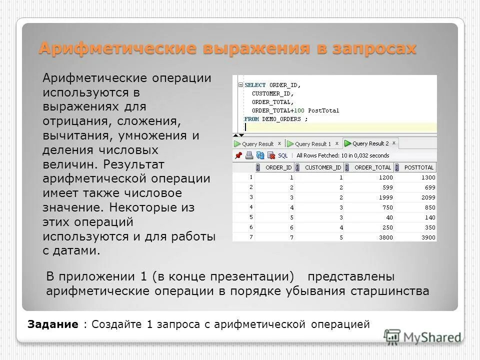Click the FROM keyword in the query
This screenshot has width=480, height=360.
coord(251,119)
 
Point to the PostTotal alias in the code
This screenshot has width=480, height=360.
coord(323,110)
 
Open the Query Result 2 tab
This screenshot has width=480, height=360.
coord(370,143)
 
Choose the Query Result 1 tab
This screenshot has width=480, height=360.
coord(313,144)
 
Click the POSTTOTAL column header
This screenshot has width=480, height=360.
coord(419,167)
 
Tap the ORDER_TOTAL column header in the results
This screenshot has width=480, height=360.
coord(373,167)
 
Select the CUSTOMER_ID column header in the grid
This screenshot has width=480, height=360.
coord(323,167)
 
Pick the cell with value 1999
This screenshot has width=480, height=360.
coord(384,197)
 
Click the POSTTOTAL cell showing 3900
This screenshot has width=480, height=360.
coord(428,237)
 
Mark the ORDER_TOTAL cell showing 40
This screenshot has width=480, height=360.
coord(389,217)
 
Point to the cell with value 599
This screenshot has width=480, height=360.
coord(386,187)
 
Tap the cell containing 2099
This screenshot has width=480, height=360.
coord(428,197)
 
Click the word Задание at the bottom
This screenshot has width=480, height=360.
coord(53,324)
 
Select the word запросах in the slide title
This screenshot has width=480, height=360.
coord(373,48)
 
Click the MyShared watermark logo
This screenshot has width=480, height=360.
coord(422,336)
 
